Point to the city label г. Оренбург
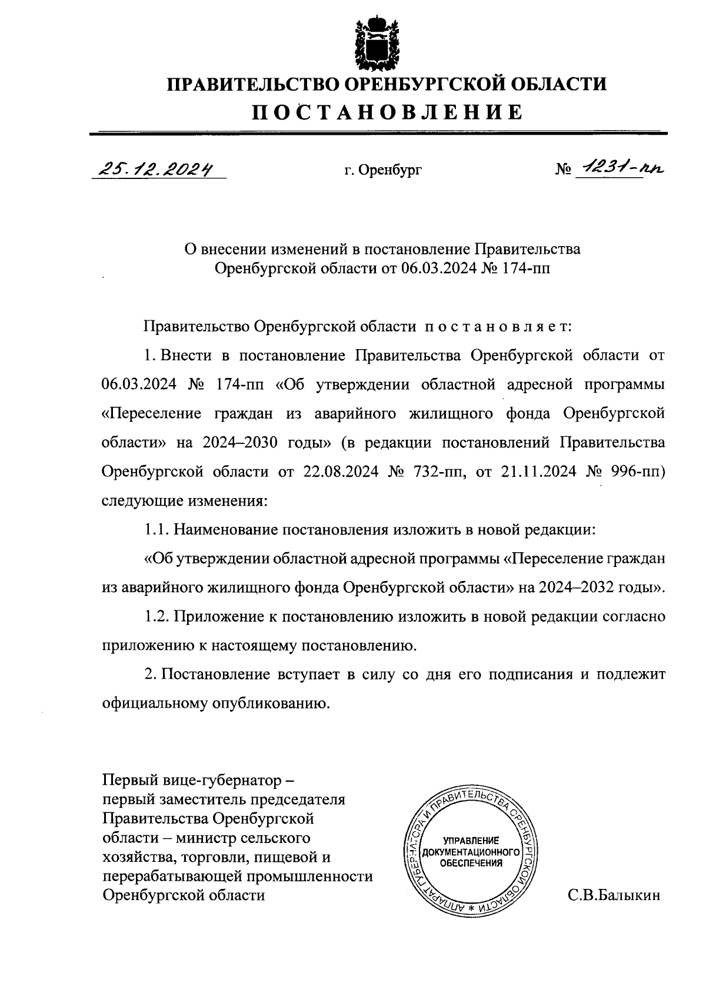pos(383,171)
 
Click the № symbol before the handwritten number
pos(563,171)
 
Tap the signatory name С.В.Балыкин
pos(614,895)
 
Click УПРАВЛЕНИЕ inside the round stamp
pos(471,840)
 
